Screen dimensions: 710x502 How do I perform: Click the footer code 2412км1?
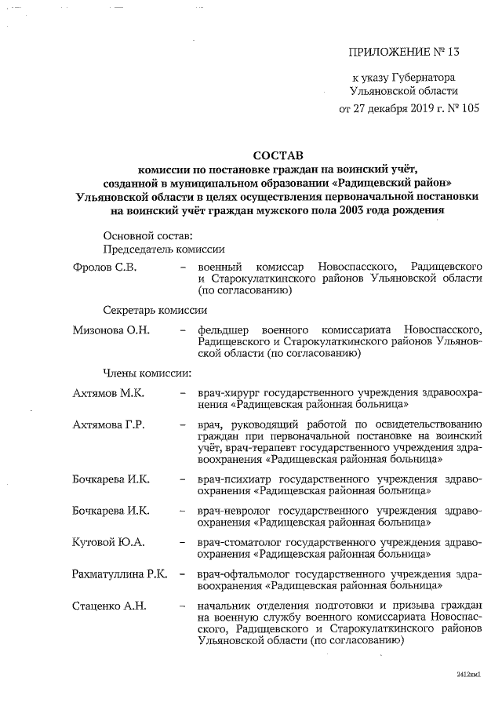[x=467, y=674]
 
